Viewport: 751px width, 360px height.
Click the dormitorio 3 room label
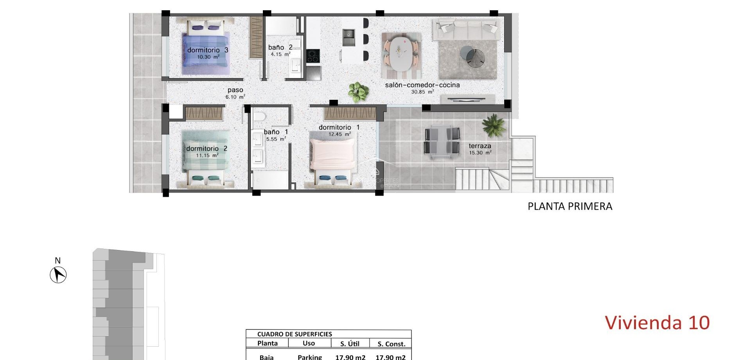tap(207, 50)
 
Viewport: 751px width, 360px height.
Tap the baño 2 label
tap(280, 47)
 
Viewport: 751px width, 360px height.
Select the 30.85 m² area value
tap(422, 92)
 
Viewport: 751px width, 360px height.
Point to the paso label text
tap(235, 90)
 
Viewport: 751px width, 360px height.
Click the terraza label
tap(480, 146)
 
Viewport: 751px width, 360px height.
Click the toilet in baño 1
tap(259, 116)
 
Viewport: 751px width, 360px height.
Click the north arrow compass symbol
tap(58, 274)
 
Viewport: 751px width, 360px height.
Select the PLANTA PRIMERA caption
tap(570, 206)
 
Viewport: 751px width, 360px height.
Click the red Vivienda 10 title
tap(657, 323)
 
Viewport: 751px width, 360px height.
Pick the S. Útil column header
tap(350, 344)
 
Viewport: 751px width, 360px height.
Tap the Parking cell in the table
tap(309, 357)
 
